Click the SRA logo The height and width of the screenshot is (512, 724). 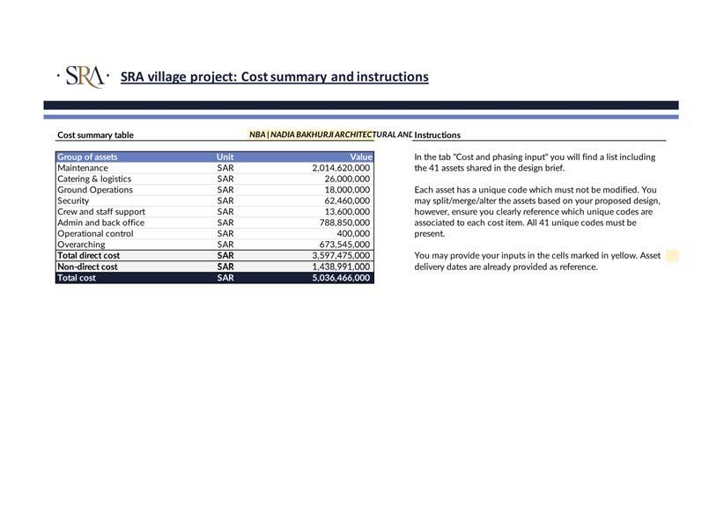click(x=84, y=77)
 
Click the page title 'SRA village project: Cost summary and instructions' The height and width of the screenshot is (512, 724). click(x=274, y=77)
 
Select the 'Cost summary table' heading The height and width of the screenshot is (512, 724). click(x=95, y=135)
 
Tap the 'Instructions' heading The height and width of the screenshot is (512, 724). click(x=437, y=135)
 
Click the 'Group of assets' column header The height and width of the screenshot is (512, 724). click(x=87, y=157)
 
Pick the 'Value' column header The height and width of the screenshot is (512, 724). click(x=361, y=157)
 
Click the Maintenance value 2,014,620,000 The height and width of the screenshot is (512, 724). click(x=341, y=168)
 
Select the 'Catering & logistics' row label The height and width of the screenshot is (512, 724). click(x=94, y=179)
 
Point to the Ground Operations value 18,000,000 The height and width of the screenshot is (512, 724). click(x=347, y=190)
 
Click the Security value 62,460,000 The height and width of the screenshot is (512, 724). click(x=347, y=201)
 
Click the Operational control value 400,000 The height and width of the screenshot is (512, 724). click(x=353, y=234)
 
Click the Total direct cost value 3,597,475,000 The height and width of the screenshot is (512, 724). click(x=341, y=256)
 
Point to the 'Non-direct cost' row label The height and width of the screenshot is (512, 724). click(x=87, y=267)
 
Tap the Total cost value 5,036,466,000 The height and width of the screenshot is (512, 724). click(x=341, y=278)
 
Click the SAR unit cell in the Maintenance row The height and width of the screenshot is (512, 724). click(x=225, y=168)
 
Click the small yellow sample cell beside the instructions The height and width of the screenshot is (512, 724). click(x=672, y=256)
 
